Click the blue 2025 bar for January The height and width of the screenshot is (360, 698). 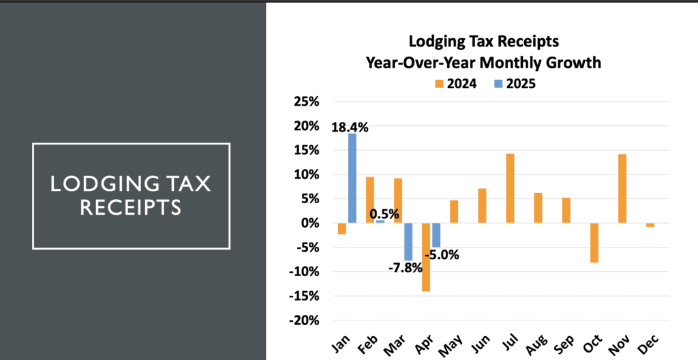click(x=352, y=178)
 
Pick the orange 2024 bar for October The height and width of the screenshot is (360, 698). click(x=594, y=243)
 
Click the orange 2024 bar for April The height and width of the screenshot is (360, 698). click(x=426, y=257)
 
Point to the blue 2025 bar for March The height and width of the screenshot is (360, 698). click(x=408, y=241)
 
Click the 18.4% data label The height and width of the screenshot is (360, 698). click(x=350, y=127)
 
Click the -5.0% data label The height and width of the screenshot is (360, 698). click(x=442, y=256)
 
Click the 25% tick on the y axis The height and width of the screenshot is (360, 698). click(x=306, y=102)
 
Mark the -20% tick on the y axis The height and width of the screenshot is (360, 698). click(x=304, y=320)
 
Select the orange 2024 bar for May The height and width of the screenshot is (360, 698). click(x=454, y=211)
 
